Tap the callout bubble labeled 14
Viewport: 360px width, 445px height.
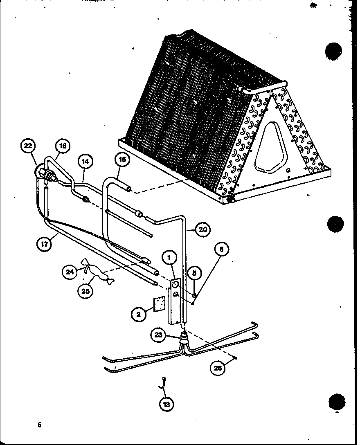[85, 161]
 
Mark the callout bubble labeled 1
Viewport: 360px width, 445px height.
[170, 258]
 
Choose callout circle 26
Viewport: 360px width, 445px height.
[218, 368]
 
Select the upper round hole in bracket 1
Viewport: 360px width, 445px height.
[175, 283]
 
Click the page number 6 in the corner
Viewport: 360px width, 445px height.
[40, 425]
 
